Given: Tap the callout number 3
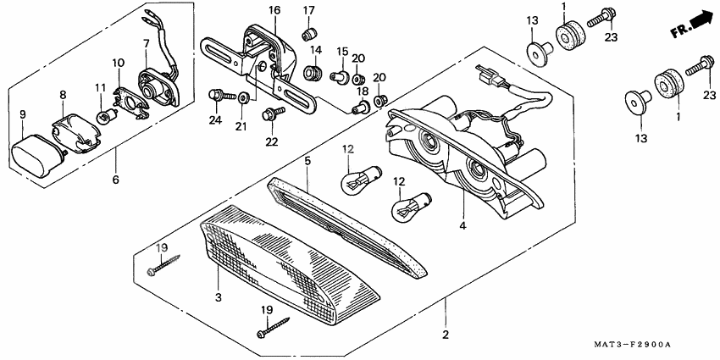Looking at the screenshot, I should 218,298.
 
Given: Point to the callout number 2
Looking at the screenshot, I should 444,335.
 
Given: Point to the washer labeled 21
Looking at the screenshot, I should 243,97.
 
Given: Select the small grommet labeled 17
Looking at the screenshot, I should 309,34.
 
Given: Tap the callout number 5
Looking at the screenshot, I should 308,159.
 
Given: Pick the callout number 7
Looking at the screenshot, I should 146,42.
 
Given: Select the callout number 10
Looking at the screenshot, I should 118,62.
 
